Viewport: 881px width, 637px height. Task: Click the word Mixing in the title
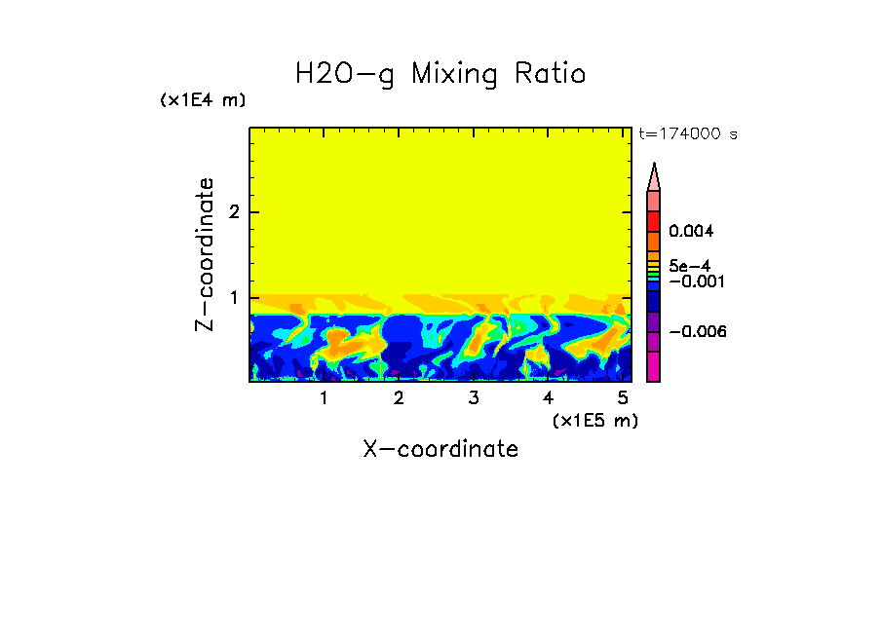pyautogui.click(x=454, y=74)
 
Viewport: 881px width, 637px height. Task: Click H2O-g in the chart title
pyautogui.click(x=345, y=74)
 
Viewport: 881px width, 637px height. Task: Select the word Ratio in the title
pyautogui.click(x=550, y=74)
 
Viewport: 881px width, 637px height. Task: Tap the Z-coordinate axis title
pyautogui.click(x=205, y=254)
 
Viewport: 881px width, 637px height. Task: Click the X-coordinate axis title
pyautogui.click(x=440, y=449)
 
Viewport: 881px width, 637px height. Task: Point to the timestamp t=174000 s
pyautogui.click(x=688, y=134)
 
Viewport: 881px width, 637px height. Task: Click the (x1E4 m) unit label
pyautogui.click(x=203, y=100)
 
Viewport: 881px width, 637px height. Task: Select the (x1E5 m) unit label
pyautogui.click(x=594, y=420)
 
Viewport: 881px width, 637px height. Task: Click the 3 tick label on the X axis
pyautogui.click(x=474, y=398)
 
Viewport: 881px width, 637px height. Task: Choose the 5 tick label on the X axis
pyautogui.click(x=623, y=398)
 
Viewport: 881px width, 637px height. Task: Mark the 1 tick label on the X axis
pyautogui.click(x=325, y=398)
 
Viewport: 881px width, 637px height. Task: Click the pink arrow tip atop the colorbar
pyautogui.click(x=654, y=176)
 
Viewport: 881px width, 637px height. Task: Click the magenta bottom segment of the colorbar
pyautogui.click(x=654, y=366)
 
